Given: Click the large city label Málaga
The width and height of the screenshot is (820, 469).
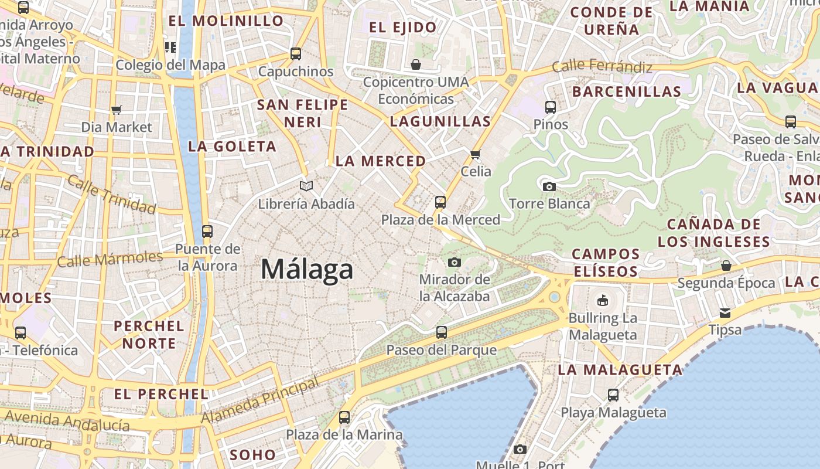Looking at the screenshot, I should (x=307, y=269).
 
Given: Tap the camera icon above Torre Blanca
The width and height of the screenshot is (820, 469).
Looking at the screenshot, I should (x=549, y=186).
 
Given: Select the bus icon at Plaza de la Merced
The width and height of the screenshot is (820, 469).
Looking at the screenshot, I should (x=440, y=202).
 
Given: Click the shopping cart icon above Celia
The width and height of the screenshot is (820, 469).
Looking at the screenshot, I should (x=475, y=155).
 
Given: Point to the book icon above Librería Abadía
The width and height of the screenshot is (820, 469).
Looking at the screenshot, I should (x=306, y=186).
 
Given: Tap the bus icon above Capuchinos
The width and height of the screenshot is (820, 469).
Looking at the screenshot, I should (x=296, y=54).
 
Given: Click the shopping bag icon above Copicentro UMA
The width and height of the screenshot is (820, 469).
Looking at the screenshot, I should (x=416, y=64).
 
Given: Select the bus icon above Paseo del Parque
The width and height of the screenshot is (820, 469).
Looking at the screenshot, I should (x=442, y=332).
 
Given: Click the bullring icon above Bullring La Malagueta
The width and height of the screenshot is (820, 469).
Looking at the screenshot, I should (x=602, y=301).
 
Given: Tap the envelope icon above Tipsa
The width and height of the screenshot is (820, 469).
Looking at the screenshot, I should (x=725, y=312).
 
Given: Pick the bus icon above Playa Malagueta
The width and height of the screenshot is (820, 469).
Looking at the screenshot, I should (x=613, y=395).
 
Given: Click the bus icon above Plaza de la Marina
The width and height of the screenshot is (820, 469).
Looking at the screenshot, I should (x=344, y=417).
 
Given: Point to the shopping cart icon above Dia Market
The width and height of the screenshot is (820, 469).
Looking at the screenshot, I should (x=116, y=110).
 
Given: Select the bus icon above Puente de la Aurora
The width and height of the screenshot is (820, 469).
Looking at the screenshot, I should (x=207, y=231).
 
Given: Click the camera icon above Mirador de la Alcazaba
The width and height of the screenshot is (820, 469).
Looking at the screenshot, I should (x=454, y=262).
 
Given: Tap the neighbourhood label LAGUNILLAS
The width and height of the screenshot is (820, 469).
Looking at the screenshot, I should (x=440, y=121).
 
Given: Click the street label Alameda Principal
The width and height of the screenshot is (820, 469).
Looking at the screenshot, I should (x=261, y=400).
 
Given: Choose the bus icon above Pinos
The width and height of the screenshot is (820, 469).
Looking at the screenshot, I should (x=551, y=107).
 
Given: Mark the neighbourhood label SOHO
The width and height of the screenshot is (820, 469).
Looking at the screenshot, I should (x=252, y=454).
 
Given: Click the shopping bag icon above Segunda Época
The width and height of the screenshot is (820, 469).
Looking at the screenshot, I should (x=726, y=266).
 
